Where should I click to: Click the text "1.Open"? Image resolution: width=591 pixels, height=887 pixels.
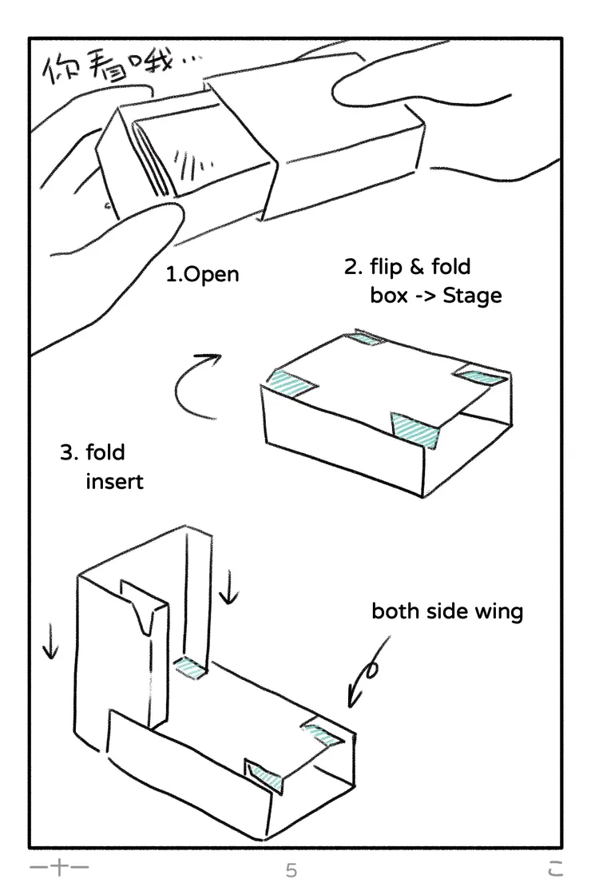(202, 275)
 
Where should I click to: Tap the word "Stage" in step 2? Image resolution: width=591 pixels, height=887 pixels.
(472, 296)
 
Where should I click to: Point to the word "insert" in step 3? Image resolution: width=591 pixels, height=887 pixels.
(114, 482)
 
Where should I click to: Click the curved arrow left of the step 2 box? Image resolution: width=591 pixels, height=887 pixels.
(196, 388)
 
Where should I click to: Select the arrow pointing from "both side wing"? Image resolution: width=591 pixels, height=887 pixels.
(369, 671)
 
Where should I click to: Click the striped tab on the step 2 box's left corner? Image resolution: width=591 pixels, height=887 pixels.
(292, 384)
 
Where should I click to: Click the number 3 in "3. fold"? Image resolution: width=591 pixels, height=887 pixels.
(66, 453)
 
